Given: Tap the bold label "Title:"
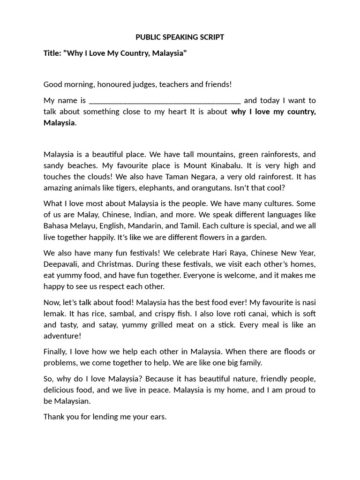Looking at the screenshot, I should (x=53, y=53).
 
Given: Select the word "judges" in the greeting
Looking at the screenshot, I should (x=143, y=84).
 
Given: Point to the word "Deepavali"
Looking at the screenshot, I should (x=60, y=264).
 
